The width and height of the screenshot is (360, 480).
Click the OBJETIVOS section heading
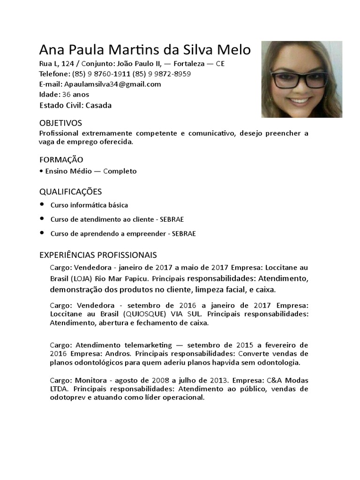coord(60,123)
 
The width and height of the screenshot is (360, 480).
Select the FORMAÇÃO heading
coord(61,160)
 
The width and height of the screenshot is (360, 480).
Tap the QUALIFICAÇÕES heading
coord(70,192)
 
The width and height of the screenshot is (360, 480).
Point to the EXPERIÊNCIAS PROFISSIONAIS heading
coord(98,255)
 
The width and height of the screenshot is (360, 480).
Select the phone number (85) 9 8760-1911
coord(101,74)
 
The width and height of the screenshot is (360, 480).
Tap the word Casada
coord(98,105)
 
